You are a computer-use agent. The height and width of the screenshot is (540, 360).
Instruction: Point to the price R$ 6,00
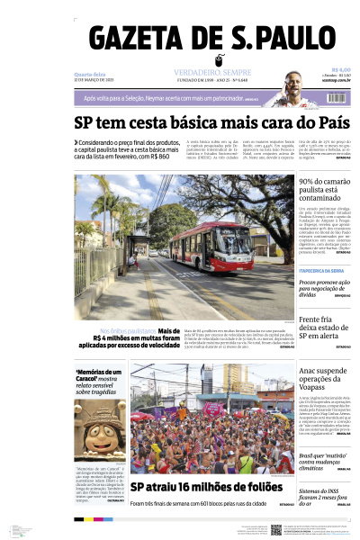click(x=340, y=69)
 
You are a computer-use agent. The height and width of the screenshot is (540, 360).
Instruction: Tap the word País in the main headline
click(x=327, y=121)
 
